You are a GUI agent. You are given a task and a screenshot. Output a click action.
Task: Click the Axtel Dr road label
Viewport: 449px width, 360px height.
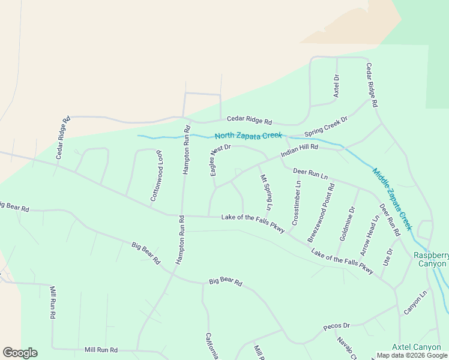[336, 86]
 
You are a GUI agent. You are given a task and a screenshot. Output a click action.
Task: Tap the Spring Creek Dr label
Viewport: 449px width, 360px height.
[326, 127]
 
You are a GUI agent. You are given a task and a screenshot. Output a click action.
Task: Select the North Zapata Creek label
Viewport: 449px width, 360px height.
[248, 136]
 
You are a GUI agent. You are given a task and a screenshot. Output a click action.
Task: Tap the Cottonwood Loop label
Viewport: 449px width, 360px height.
[156, 175]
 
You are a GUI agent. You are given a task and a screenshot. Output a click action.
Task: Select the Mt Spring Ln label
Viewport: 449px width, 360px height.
[266, 192]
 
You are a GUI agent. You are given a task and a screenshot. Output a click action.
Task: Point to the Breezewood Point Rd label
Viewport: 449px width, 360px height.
[321, 213]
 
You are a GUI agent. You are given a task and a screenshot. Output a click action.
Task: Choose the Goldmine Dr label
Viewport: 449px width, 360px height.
[347, 223]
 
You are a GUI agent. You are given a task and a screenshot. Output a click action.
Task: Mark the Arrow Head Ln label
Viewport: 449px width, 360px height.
[369, 235]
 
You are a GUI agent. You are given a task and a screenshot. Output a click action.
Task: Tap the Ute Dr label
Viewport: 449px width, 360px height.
[388, 257]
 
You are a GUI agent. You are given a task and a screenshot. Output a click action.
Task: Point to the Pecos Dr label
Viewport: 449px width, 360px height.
[336, 326]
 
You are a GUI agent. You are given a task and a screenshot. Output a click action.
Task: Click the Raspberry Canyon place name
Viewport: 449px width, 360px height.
[430, 259]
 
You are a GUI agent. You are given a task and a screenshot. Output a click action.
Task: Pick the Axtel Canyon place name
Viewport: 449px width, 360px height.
[416, 347]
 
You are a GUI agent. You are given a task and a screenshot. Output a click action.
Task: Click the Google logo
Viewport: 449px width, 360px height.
[20, 353]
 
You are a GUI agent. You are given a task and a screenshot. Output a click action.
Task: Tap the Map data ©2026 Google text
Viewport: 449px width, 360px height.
[412, 355]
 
